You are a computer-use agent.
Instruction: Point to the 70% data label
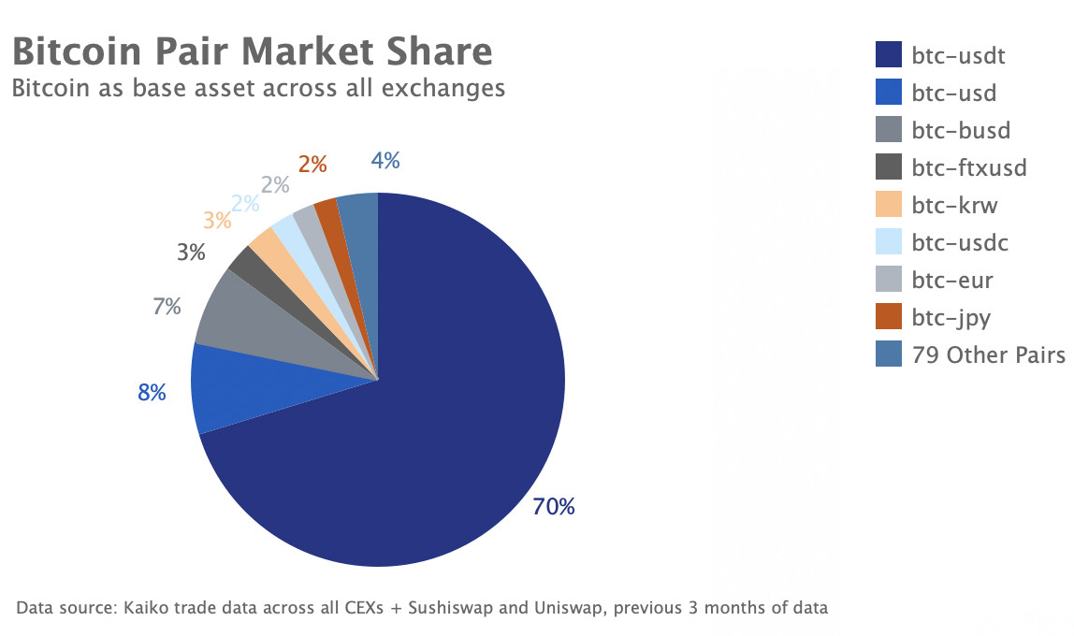coord(554,507)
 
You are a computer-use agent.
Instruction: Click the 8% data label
coord(152,393)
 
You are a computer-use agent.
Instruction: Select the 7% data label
coord(167,306)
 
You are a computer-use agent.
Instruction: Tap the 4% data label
coord(385,161)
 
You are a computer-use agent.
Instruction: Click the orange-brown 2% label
coord(312,165)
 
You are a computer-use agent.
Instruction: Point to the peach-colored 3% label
coord(217,221)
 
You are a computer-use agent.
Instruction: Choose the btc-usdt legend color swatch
coord(888,55)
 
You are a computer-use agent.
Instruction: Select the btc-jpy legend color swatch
coord(888,317)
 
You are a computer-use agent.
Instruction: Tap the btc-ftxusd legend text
coord(969,168)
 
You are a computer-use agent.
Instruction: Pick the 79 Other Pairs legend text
coord(988,355)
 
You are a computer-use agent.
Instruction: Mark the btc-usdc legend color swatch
coord(888,242)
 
